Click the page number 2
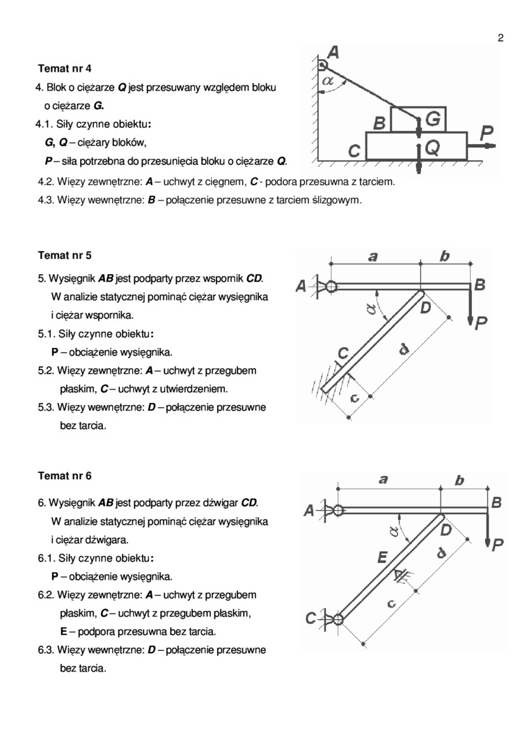[x=500, y=38]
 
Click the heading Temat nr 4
[x=65, y=69]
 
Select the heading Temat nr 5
[x=65, y=255]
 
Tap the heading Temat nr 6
[x=65, y=477]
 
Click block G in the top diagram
[x=432, y=120]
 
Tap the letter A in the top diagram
[x=333, y=52]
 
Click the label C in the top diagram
[x=354, y=150]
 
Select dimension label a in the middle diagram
[x=374, y=256]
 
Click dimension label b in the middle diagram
[x=445, y=256]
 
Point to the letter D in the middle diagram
[x=426, y=307]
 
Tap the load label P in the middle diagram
[x=481, y=324]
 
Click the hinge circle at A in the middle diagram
[x=331, y=286]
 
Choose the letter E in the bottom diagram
[x=381, y=557]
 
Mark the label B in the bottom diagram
[x=496, y=502]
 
